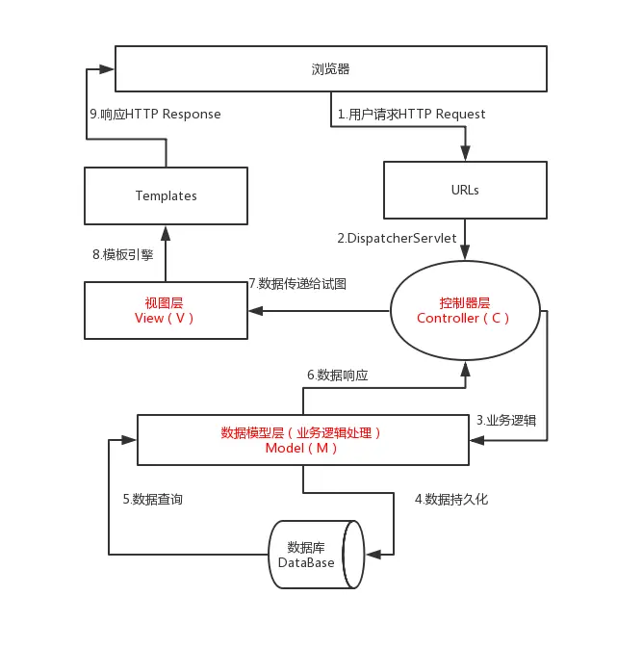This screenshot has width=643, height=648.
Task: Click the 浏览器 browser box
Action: [x=331, y=68]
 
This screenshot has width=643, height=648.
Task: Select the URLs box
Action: [x=465, y=190]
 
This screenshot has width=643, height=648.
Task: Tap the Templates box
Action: [x=166, y=195]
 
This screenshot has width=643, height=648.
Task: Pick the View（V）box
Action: [x=166, y=310]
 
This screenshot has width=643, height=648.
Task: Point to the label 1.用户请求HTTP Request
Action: [x=411, y=114]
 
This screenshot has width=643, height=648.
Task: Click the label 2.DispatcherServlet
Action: [x=396, y=238]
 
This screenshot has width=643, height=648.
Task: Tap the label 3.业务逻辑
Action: [x=507, y=420]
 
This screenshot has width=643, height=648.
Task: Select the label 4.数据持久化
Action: [x=451, y=499]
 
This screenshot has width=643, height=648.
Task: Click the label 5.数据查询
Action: [x=152, y=499]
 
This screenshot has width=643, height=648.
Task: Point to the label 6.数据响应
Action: [x=337, y=375]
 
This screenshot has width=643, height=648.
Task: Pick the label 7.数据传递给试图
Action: [x=297, y=283]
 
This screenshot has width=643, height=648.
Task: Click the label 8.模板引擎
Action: [x=121, y=255]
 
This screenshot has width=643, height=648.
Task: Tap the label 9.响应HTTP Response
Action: [x=155, y=114]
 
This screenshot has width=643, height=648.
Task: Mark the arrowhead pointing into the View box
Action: [x=255, y=311]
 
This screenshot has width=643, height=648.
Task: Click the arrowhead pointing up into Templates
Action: [x=166, y=231]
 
